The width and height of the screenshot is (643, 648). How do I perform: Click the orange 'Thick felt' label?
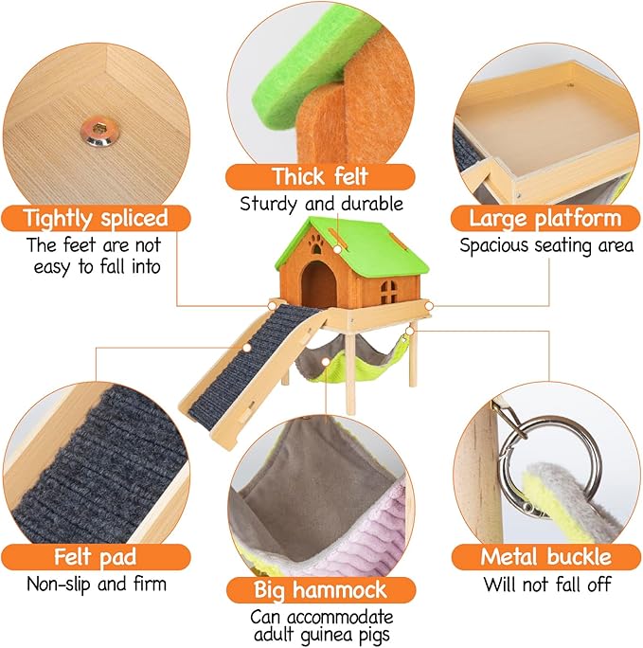coord(320,177)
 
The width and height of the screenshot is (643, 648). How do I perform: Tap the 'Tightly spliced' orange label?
coord(96,218)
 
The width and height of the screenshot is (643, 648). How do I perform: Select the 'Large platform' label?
coord(545,219)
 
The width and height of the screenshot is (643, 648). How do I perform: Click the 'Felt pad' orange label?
coord(84,556)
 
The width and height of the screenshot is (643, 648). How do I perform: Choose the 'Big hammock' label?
coord(321,590)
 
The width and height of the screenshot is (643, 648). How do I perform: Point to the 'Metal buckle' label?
coord(545,556)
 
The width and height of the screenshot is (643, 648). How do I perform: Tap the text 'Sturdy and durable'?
coord(321,203)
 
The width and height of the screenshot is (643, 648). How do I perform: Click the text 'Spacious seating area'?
coord(545,246)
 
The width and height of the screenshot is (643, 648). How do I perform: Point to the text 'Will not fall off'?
coord(546,584)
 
